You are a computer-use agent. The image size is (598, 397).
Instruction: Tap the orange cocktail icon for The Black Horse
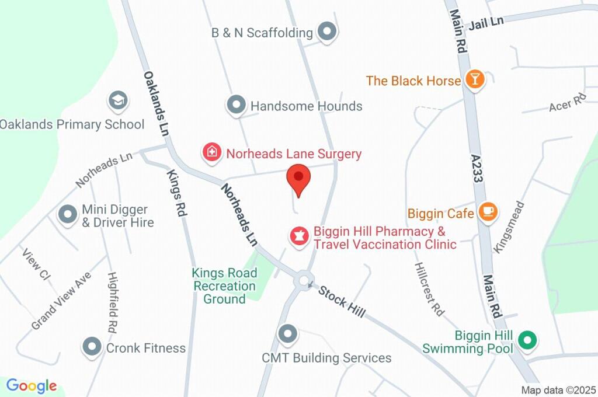[475, 80]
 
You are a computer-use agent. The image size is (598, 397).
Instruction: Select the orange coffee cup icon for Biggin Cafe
[488, 213]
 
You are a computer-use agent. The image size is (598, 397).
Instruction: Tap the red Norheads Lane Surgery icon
[211, 154]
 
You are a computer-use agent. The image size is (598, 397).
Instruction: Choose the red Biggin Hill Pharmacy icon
[300, 237]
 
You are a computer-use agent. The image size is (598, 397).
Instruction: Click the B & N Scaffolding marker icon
[327, 32]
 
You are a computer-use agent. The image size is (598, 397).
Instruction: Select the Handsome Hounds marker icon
[236, 106]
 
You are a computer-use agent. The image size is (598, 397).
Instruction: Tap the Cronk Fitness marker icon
[92, 347]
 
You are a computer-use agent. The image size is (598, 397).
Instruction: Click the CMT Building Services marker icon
[287, 335]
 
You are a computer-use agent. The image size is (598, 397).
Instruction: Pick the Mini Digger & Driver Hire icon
[68, 214]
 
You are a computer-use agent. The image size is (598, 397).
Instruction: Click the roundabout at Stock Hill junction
[304, 281]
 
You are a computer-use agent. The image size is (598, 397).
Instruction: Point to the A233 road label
[478, 169]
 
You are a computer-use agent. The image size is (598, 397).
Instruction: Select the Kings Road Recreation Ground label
[225, 286]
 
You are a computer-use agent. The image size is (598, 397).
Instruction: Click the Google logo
[32, 385]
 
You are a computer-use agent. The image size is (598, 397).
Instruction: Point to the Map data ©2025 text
[558, 390]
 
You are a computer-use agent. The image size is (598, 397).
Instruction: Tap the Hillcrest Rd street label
[429, 289]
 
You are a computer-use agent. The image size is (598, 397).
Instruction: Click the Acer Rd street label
[567, 103]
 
